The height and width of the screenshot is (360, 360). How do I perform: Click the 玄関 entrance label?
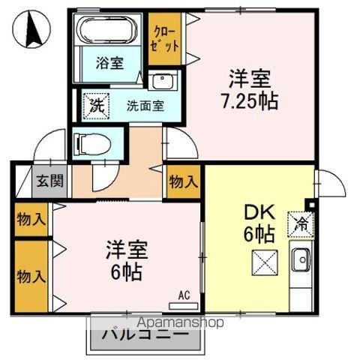[49, 181]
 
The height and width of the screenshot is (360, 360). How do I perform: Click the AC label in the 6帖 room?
[184, 294]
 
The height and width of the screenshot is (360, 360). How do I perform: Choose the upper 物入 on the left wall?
[31, 220]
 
